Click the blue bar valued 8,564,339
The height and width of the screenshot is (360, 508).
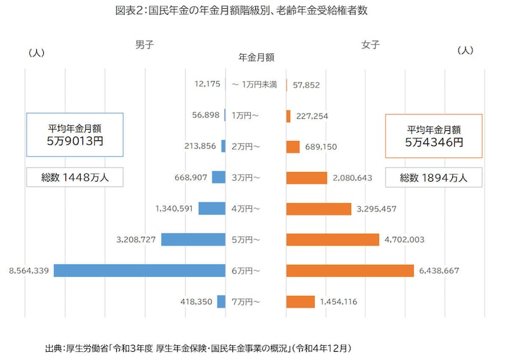click(139, 270)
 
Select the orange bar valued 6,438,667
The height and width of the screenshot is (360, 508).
click(350, 270)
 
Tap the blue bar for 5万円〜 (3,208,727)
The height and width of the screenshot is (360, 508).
click(193, 239)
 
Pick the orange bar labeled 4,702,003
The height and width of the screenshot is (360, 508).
click(332, 239)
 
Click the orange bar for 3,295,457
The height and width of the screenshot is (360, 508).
click(318, 209)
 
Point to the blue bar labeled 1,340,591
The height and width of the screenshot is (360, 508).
click(211, 208)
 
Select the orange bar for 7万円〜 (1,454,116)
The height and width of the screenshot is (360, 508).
click(300, 302)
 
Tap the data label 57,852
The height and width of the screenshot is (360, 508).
click(306, 84)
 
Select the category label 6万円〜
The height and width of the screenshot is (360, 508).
click(246, 270)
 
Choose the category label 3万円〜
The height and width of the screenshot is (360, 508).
click(246, 178)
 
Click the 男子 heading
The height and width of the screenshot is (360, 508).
click(144, 44)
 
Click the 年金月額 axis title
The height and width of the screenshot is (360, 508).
click(256, 57)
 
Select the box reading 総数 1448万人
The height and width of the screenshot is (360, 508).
click(75, 178)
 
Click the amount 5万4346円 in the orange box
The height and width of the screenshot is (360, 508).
click(434, 142)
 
